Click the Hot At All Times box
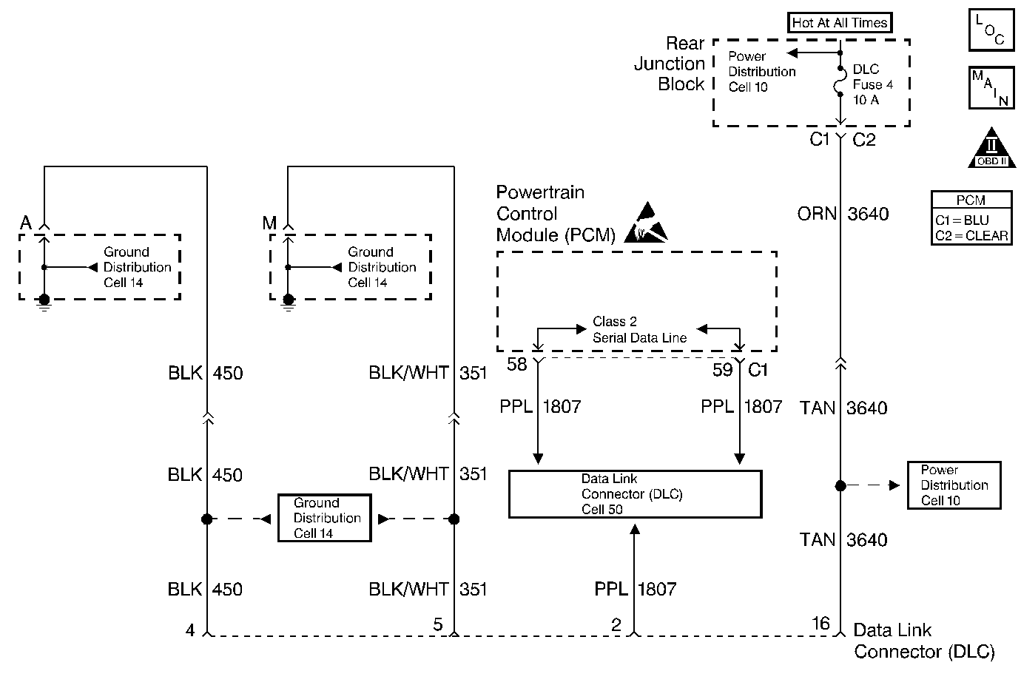tap(840, 23)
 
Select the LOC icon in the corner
tap(990, 30)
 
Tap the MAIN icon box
tap(990, 87)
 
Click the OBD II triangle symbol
tap(992, 148)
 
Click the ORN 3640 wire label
tap(843, 214)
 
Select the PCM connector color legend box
tap(971, 218)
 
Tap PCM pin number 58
tap(517, 364)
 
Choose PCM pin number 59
tap(722, 369)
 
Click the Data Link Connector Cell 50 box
tap(635, 493)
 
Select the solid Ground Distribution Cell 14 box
tap(324, 518)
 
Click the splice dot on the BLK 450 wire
tap(207, 519)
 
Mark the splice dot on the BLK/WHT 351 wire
tap(454, 519)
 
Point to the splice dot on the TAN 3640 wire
tap(840, 486)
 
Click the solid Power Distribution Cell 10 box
tap(954, 485)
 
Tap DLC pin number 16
tap(821, 624)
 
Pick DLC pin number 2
tap(616, 625)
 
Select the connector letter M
tap(269, 223)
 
